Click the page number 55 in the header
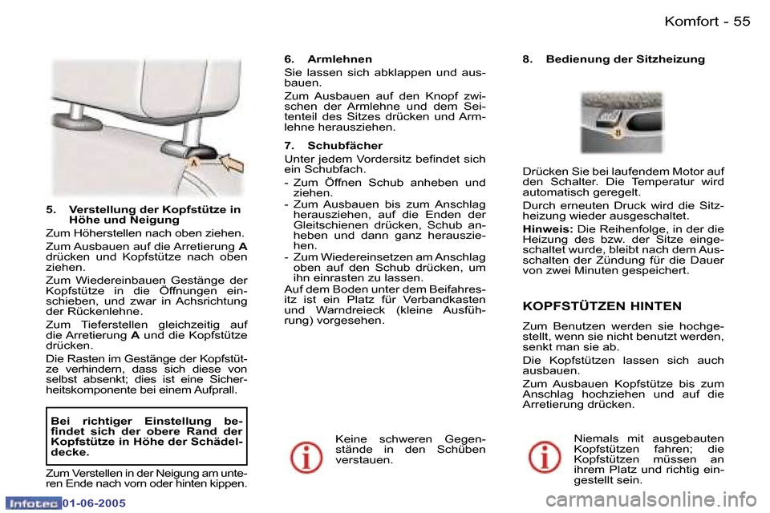(x=741, y=22)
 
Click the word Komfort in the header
(x=691, y=22)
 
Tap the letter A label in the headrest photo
(x=192, y=162)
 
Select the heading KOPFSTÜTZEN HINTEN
(x=602, y=306)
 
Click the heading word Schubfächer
(x=345, y=146)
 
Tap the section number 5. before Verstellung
(x=51, y=210)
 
